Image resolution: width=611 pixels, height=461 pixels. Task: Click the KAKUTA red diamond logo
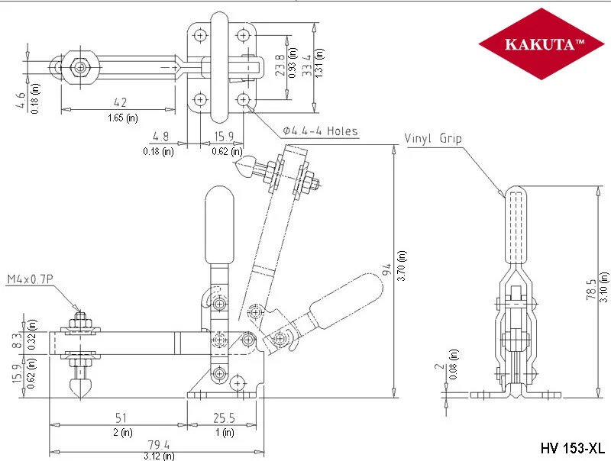point(541,44)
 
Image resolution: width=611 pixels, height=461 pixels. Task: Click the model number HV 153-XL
point(572,448)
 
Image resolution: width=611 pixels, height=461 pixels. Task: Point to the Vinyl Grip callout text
point(433,138)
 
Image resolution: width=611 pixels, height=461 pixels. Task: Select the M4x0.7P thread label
point(30,279)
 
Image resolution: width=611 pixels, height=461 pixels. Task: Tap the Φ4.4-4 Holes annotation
point(320,131)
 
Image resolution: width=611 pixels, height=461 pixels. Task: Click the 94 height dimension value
point(386,269)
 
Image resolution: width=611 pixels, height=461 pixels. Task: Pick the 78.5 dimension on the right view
point(591,289)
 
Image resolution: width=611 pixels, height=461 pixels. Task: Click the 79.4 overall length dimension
point(158,445)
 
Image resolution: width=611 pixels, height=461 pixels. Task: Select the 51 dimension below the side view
point(121,417)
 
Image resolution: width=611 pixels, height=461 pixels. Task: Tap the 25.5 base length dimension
point(224,417)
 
